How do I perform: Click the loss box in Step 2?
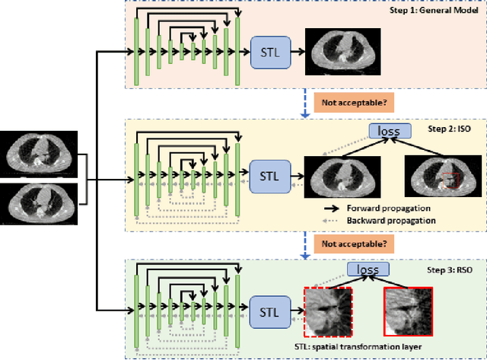pos(388,131)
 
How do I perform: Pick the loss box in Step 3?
pos(367,269)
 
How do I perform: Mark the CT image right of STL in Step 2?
pos(340,177)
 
